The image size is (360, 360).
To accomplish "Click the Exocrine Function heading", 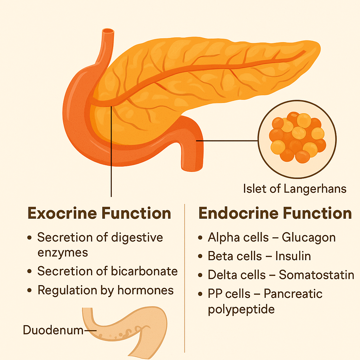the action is point(99,213).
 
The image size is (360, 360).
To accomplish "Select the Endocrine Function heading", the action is point(275,213).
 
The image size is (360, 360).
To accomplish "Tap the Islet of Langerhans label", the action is point(295,189).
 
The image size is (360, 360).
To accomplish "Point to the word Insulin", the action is point(293,256).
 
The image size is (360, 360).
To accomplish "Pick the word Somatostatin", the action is point(316,275).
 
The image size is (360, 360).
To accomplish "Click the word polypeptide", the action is point(241,310).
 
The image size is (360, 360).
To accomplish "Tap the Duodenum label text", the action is point(53,330).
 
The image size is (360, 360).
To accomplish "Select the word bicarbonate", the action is point(144,271).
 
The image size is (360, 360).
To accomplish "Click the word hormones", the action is point(146,290).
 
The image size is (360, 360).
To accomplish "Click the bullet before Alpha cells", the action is point(200,238).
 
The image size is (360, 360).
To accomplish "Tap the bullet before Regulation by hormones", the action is point(30,290).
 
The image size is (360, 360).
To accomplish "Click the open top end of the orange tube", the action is point(108,31).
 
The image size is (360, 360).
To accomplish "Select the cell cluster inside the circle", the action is point(297,137).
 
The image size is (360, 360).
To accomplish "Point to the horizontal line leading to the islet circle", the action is point(227,141).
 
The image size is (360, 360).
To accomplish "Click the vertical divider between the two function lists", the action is point(185,278).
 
